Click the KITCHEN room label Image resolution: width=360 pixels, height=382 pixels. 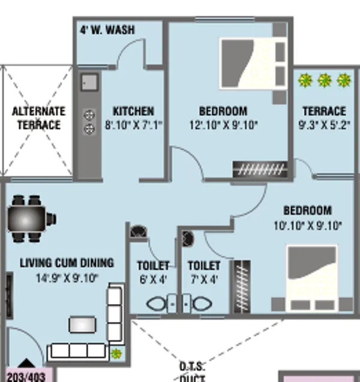(x=133, y=112)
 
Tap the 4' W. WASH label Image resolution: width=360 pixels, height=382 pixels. (x=107, y=30)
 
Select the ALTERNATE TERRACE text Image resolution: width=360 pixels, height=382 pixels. (x=38, y=118)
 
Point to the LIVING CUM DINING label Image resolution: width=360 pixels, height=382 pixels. (x=67, y=263)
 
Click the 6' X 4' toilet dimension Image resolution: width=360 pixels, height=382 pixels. (x=152, y=279)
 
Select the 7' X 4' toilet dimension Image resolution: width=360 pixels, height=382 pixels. (x=204, y=279)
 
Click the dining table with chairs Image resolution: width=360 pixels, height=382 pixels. (x=28, y=218)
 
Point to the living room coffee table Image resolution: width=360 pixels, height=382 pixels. (x=82, y=324)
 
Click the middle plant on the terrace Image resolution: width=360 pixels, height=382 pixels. (x=325, y=80)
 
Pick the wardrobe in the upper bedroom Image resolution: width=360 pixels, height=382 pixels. (x=259, y=170)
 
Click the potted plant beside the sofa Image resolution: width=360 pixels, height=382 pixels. (x=116, y=354)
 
